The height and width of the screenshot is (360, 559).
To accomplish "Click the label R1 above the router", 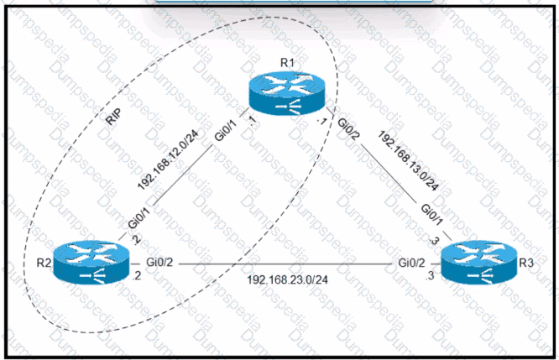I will click(x=287, y=64).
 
